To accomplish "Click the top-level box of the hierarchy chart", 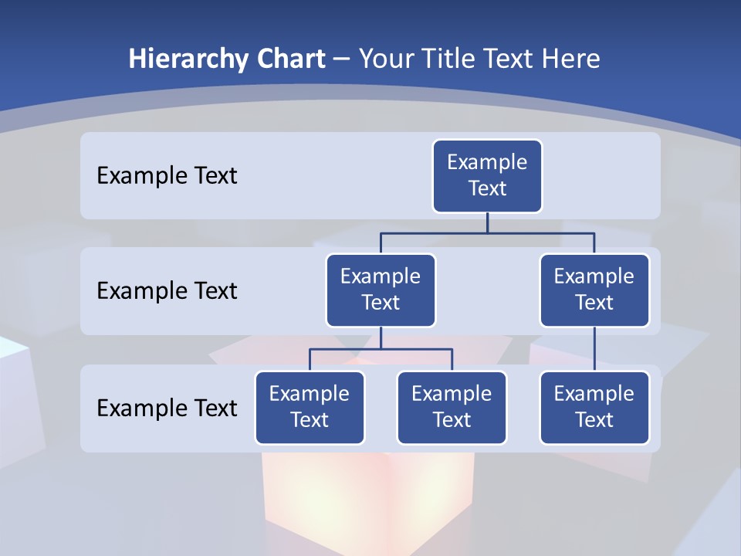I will [487, 176].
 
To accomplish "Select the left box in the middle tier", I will [381, 290].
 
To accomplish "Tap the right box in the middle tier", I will [594, 290].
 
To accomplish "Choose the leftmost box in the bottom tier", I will [310, 408].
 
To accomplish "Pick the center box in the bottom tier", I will [452, 408].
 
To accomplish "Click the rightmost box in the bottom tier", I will [594, 408].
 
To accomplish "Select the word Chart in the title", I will [290, 59].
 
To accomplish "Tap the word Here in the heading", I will [571, 59].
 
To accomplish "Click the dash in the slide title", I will [342, 59].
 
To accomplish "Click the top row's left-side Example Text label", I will [167, 176].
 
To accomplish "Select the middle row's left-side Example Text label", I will [167, 291].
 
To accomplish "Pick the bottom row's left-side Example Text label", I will [167, 408].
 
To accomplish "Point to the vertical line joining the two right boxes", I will [594, 349].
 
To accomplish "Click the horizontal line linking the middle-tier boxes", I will [487, 232].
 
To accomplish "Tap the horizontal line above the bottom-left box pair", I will [381, 349].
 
